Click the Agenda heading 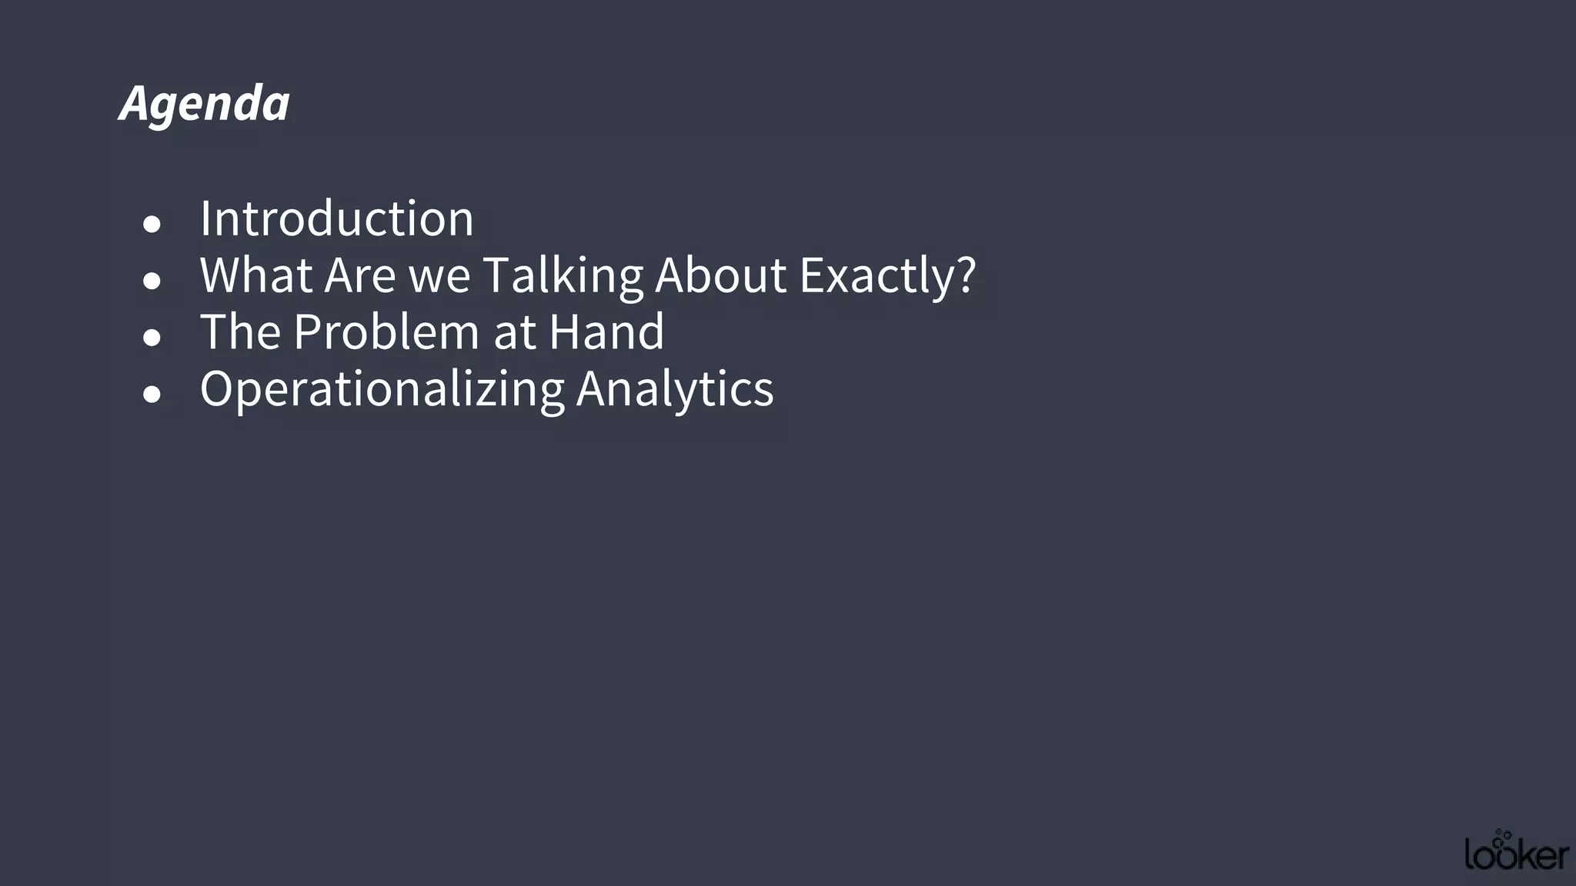pos(205,103)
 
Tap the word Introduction pos(336,218)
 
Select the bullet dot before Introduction pos(152,224)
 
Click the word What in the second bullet pos(255,275)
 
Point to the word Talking pos(563,275)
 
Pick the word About pos(721,275)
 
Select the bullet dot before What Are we pos(152,281)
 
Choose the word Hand pos(606,331)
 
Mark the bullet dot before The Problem pos(152,338)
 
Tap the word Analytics pos(675,388)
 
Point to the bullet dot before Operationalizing pos(152,395)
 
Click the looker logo pos(1516,851)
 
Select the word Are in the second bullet pos(359,275)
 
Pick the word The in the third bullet pos(240,331)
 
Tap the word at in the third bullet pos(514,333)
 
